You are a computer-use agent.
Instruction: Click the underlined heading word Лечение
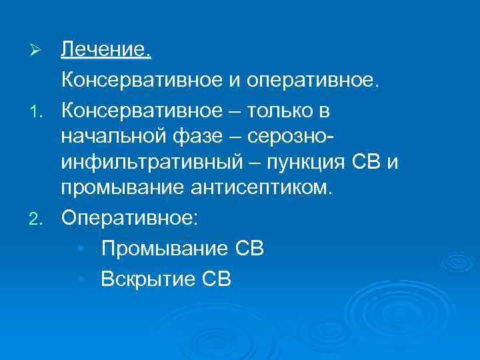(x=107, y=49)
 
